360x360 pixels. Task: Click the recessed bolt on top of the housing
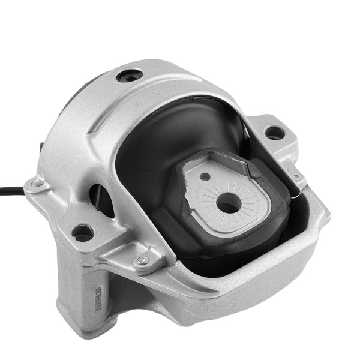tap(130, 76)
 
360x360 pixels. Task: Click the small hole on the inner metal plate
tap(206, 176)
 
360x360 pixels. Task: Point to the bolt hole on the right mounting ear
tap(274, 132)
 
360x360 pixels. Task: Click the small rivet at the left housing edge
tap(37, 183)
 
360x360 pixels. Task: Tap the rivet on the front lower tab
tap(142, 260)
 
